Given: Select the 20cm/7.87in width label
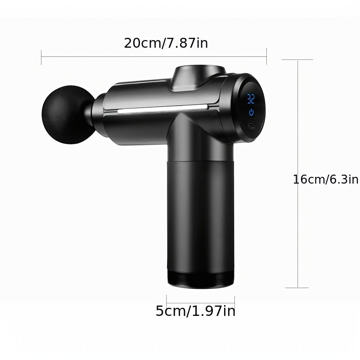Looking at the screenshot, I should pyautogui.click(x=166, y=43).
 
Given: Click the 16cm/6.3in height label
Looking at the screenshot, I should pyautogui.click(x=325, y=179).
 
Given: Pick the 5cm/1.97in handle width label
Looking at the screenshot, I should pyautogui.click(x=195, y=311).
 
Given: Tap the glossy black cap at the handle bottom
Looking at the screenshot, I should pyautogui.click(x=200, y=279).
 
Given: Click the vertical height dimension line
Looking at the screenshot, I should pyautogui.click(x=298, y=135).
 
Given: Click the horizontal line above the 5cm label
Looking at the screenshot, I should pyautogui.click(x=200, y=302).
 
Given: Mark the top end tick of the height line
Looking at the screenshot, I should pyautogui.click(x=298, y=60).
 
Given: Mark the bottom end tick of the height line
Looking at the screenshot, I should pyautogui.click(x=297, y=288).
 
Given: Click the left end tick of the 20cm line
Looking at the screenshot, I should pyautogui.click(x=41, y=57).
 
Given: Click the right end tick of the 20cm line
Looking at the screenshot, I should pyautogui.click(x=267, y=57).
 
